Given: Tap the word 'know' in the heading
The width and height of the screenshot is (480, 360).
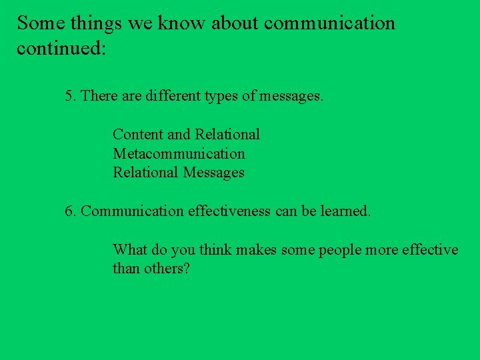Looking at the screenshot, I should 183,23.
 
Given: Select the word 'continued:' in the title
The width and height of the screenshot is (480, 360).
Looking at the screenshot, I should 61,49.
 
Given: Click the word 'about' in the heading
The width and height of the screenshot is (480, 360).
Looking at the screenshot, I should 234,23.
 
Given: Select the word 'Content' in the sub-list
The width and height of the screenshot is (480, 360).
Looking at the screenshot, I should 138,135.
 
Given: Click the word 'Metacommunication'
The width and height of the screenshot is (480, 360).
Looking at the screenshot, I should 179,154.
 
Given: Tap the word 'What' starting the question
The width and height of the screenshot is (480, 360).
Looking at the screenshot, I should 129,250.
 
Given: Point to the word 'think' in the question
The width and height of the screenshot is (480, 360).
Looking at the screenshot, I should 214,250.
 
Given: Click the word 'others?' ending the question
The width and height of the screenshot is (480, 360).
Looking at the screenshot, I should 167,269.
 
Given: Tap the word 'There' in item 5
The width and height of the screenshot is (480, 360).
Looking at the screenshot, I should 99,96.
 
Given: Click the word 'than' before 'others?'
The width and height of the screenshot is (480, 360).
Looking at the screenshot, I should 126,269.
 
